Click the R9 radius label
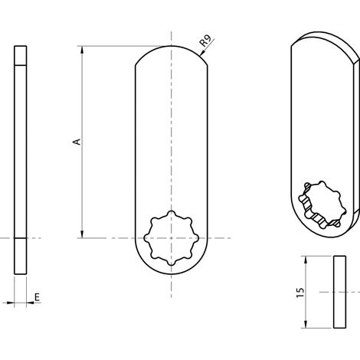(x=205, y=41)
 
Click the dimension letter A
(x=77, y=142)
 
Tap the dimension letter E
(x=38, y=297)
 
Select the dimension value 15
(x=301, y=293)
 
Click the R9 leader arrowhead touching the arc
(x=201, y=54)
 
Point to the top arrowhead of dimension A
(x=82, y=50)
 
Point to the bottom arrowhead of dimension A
(x=82, y=234)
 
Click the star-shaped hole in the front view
(x=171, y=238)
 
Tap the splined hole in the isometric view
(x=322, y=205)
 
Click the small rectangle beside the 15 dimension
(x=339, y=292)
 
